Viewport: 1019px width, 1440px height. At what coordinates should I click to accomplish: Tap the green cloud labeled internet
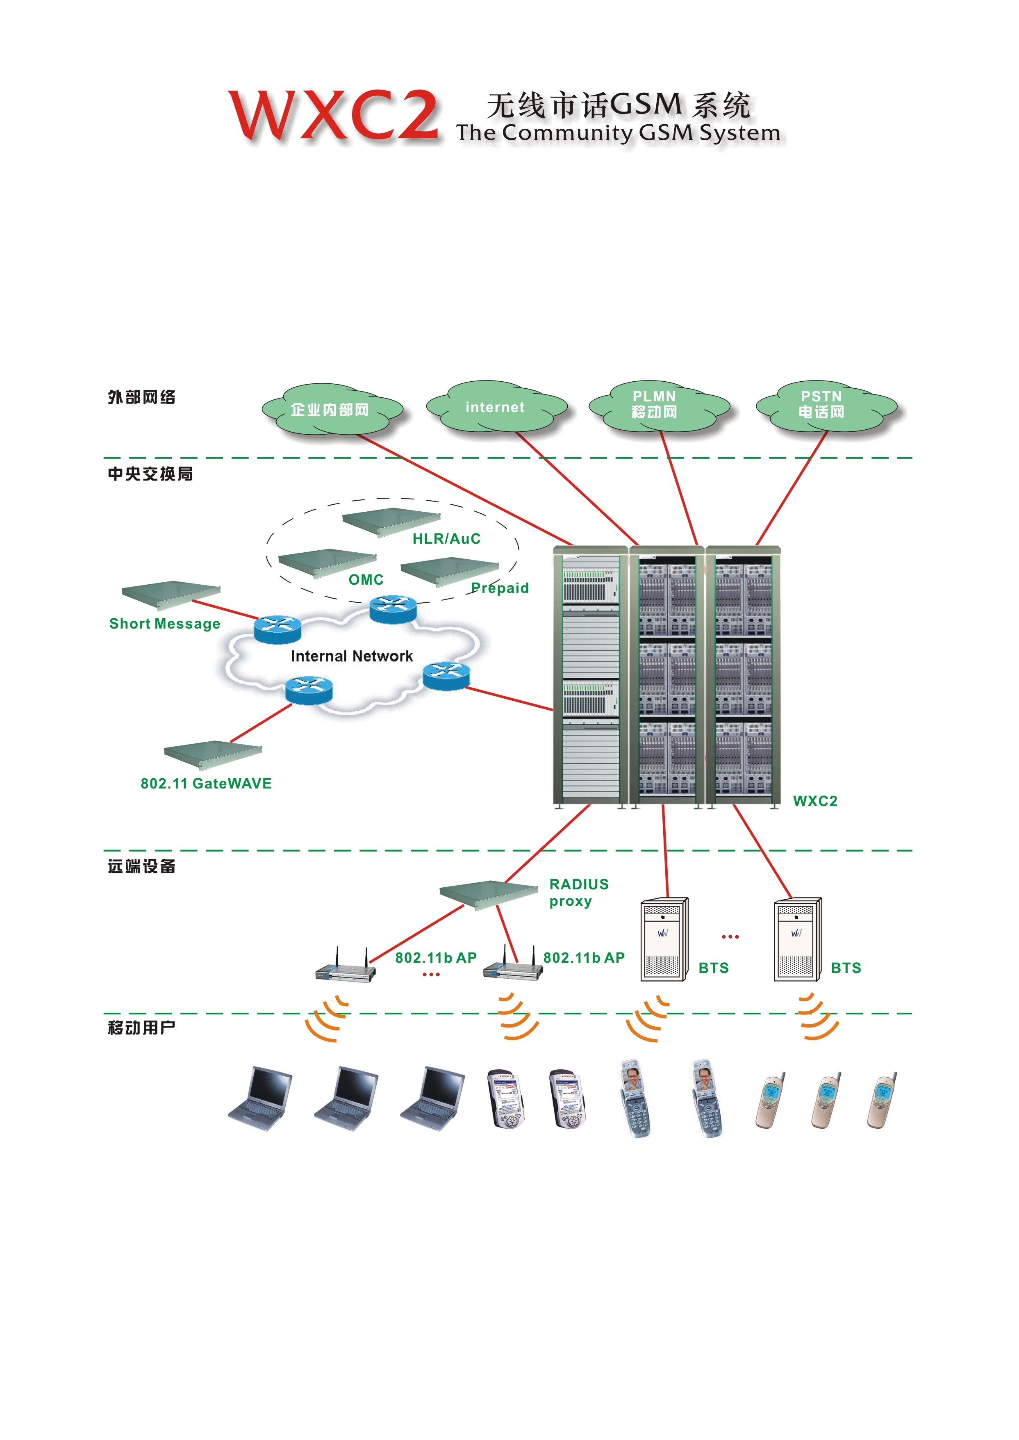pyautogui.click(x=496, y=408)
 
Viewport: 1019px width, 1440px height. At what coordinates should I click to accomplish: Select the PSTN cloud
pyautogui.click(x=822, y=406)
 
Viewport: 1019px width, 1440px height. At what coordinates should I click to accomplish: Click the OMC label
pyautogui.click(x=366, y=579)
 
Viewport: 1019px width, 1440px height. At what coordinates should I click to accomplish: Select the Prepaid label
pyautogui.click(x=500, y=588)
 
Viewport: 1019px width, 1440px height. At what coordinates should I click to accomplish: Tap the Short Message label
pyautogui.click(x=164, y=623)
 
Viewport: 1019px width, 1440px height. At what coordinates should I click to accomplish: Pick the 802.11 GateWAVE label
pyautogui.click(x=206, y=784)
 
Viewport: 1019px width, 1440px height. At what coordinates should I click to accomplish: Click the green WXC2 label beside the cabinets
pyautogui.click(x=815, y=801)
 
